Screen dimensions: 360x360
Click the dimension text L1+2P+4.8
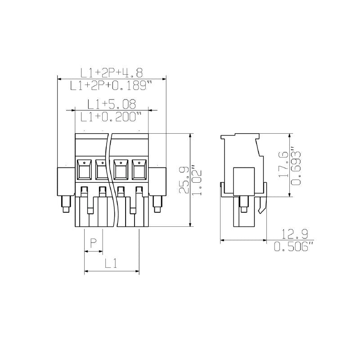(112, 72)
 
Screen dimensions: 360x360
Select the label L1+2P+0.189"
(112, 85)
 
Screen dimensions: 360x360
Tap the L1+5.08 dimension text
(112, 104)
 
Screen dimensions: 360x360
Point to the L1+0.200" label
(111, 117)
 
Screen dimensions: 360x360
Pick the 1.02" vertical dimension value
(197, 180)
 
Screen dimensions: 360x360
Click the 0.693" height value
(296, 166)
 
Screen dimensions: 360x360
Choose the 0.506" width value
(293, 247)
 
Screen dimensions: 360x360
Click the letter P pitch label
(93, 243)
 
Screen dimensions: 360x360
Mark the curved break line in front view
(110, 180)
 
